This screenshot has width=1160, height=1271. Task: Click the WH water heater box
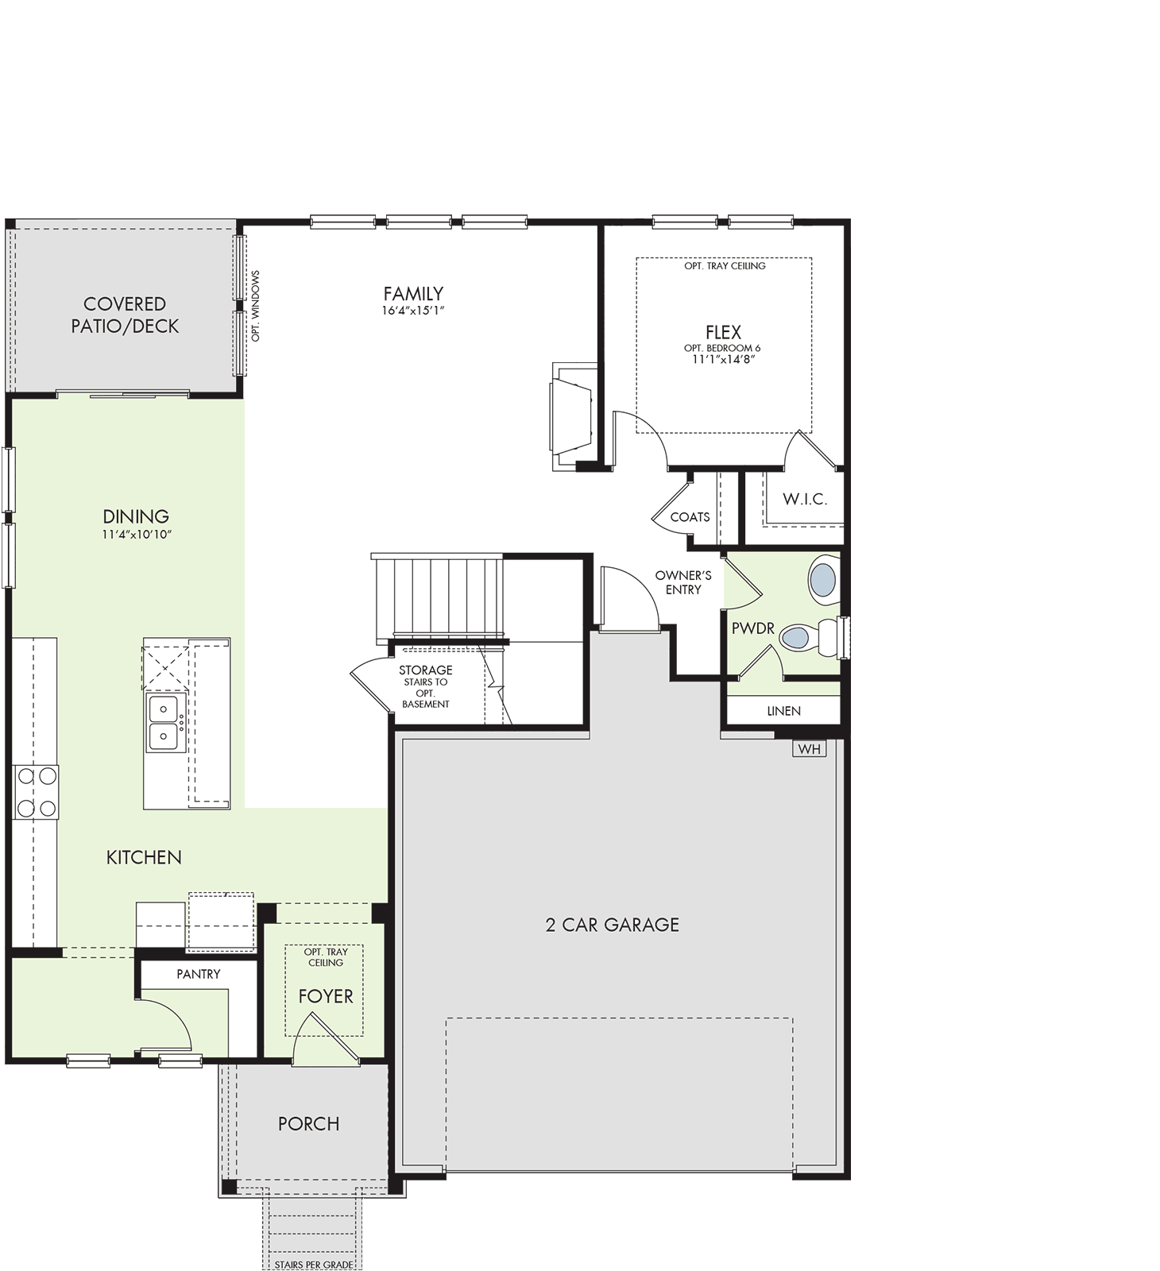(x=809, y=748)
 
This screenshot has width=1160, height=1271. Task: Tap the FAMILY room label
(x=413, y=294)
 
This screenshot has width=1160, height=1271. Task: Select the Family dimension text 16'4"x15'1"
(x=413, y=311)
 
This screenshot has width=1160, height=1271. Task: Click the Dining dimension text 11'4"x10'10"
(x=137, y=535)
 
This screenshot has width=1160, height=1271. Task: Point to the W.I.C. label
(x=805, y=499)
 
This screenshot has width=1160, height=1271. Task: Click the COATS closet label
(x=690, y=517)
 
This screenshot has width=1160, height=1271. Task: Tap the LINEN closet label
(x=784, y=711)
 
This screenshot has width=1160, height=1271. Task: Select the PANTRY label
(x=199, y=974)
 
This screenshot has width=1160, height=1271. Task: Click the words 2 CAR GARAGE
(x=613, y=925)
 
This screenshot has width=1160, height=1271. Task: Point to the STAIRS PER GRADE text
(x=314, y=1265)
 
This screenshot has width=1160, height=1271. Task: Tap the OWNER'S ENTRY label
(x=683, y=582)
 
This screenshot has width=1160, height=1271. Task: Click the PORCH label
(x=309, y=1124)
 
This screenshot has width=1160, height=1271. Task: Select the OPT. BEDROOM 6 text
(x=722, y=348)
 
